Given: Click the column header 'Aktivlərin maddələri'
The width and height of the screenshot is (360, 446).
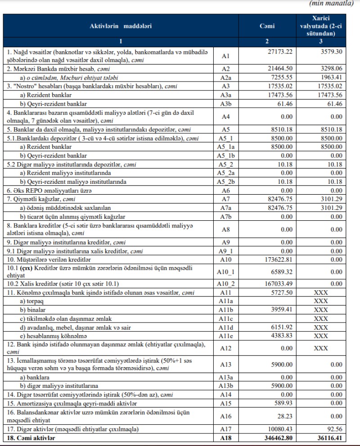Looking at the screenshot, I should tap(121, 26).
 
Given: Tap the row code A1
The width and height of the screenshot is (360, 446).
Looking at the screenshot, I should tap(226, 56).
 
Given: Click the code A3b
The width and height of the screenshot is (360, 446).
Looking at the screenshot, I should tap(226, 104).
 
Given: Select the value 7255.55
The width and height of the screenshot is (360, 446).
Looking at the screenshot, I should tap(282, 77).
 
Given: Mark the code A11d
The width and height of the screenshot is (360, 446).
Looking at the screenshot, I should tap(226, 328).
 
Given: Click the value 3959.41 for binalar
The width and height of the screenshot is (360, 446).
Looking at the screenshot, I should tap(282, 310).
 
